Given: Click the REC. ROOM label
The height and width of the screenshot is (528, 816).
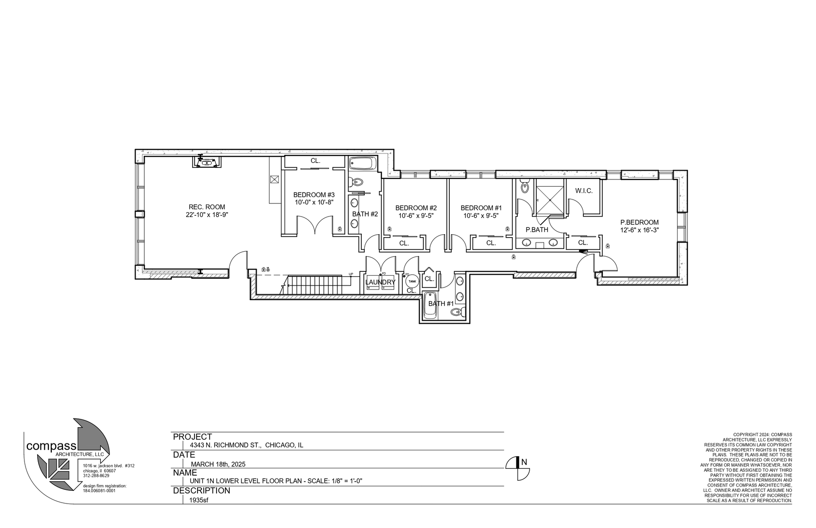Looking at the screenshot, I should tap(207, 207).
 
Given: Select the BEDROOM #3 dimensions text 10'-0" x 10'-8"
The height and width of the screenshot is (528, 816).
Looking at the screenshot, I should tap(313, 202).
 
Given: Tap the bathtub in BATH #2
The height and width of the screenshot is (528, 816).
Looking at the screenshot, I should tap(362, 163).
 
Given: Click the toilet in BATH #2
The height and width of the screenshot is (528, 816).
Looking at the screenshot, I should tap(356, 182).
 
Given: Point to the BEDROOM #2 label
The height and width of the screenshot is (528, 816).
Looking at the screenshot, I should tap(416, 208).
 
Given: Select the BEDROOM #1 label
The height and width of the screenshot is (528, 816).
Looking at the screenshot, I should tap(481, 208).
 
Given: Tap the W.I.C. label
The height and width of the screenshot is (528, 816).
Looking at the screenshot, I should tap(584, 191).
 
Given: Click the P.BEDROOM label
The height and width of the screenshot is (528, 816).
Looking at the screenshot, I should tap(640, 222).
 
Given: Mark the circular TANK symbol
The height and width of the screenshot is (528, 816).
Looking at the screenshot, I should tap(412, 281).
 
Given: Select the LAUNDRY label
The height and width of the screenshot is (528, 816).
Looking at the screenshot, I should tap(380, 282).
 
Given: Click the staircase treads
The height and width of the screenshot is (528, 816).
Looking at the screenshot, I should tap(318, 284).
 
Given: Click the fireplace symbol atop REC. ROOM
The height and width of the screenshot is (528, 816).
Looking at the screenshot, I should tap(206, 161).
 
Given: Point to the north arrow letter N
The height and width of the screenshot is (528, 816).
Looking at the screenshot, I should tap(524, 461).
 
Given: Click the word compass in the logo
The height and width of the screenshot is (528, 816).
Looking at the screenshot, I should tap(51, 446).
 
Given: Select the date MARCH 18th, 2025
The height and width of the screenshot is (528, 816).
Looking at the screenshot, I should tap(218, 464).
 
